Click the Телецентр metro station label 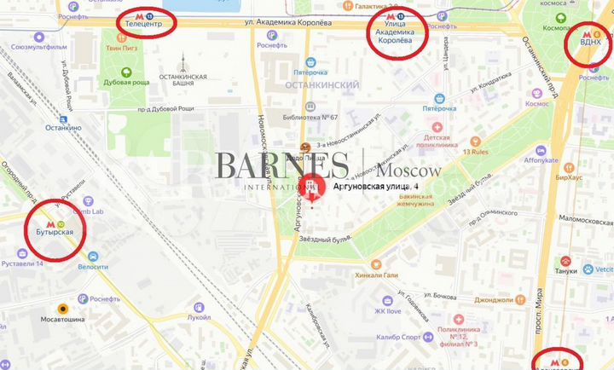tap(144, 26)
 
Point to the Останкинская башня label tap(182, 80)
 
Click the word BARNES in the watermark tap(281, 165)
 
